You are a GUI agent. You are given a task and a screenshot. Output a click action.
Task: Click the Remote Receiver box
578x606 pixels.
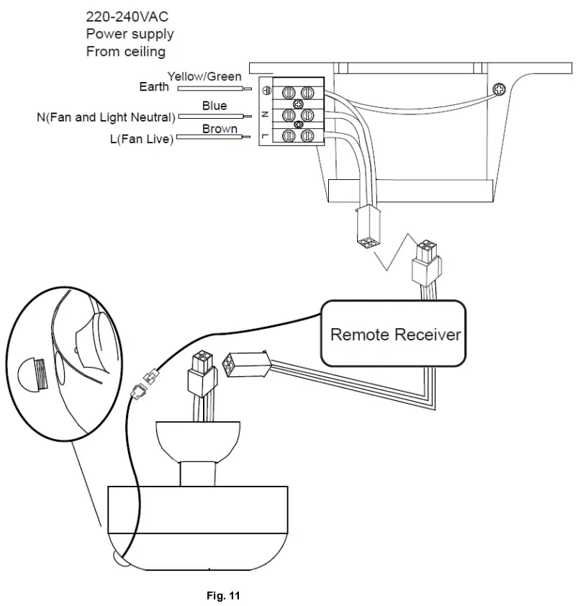(x=395, y=334)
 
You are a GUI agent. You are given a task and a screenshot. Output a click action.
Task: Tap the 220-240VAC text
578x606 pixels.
(x=127, y=16)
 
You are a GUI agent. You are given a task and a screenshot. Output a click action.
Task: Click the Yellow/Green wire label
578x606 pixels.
(x=204, y=76)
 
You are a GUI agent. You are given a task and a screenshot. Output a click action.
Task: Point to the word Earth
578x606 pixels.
(x=154, y=87)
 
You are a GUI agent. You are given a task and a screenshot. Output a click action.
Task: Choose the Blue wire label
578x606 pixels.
(x=215, y=106)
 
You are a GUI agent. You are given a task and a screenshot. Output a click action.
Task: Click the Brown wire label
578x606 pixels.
(x=220, y=130)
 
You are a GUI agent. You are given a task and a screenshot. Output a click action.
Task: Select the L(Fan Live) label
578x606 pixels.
(x=141, y=140)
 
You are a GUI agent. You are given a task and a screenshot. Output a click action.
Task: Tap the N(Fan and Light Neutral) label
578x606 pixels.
(x=106, y=117)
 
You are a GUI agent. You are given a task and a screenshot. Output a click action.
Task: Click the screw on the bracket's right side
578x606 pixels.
(x=498, y=89)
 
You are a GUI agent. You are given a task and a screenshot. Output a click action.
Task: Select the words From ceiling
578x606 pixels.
(x=125, y=52)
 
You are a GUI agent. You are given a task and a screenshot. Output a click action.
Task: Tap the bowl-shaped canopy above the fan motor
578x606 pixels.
(x=198, y=441)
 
